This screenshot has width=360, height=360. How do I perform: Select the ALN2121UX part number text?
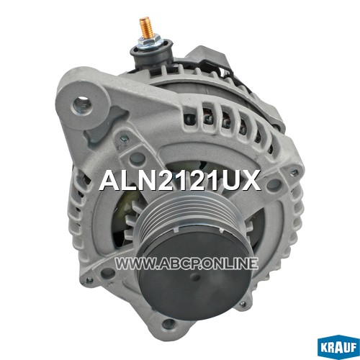[180, 180]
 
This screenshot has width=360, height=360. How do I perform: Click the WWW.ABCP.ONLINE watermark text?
[186, 264]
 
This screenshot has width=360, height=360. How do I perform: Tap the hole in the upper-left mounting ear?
[82, 105]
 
